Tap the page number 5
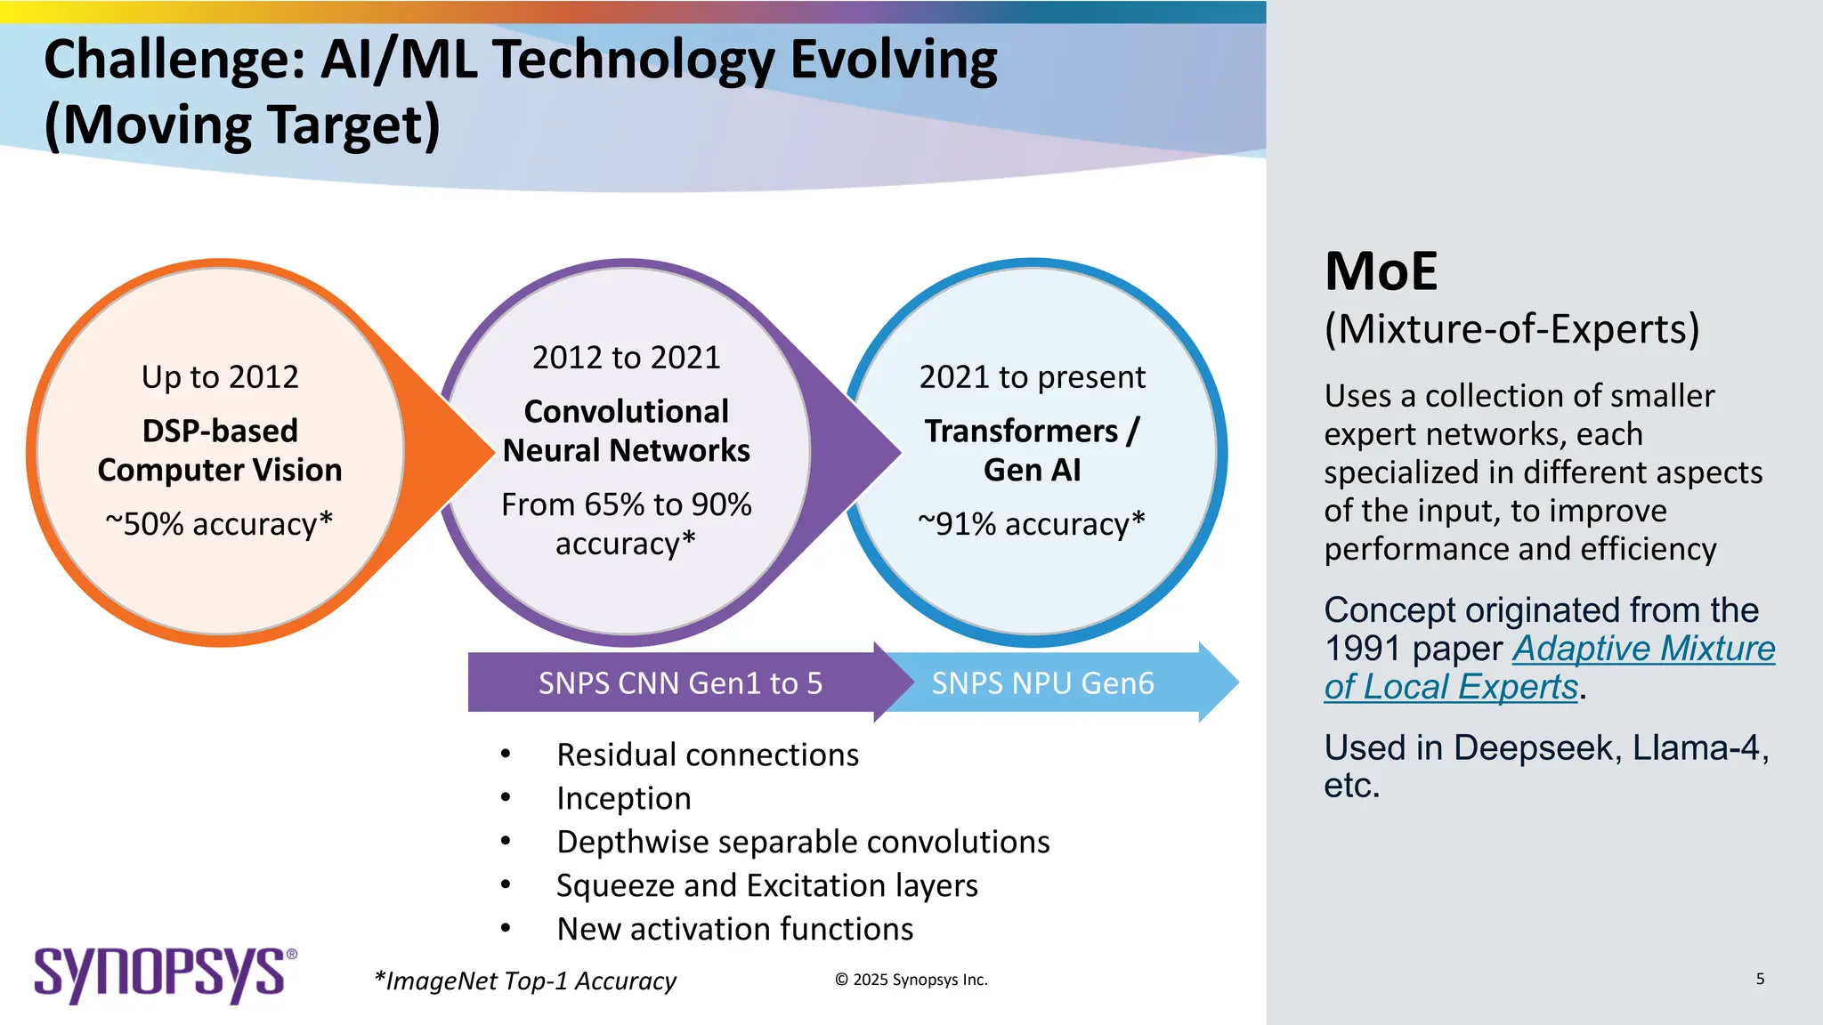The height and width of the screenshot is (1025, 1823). (1760, 979)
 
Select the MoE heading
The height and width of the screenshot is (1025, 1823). (1381, 271)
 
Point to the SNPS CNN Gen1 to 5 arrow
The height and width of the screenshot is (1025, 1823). (680, 683)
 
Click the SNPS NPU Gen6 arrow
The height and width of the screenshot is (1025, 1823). (1042, 683)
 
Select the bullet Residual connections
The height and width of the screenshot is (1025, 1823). (707, 755)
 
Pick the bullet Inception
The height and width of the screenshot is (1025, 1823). (623, 798)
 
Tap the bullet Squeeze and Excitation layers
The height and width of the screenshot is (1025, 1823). (766, 885)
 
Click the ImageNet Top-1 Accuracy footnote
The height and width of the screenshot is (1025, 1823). (525, 981)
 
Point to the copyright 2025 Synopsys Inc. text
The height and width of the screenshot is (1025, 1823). (911, 980)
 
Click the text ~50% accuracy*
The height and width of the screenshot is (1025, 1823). (219, 523)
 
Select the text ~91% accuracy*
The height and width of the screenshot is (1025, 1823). (1032, 523)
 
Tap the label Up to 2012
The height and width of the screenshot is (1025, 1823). (220, 376)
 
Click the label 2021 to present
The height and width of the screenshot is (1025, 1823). (1032, 376)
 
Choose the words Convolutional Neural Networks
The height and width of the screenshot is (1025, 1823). (626, 431)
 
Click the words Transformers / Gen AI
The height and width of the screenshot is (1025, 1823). (1032, 449)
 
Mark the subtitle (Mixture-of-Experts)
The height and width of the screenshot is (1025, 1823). (1511, 328)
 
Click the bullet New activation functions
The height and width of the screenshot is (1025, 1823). (734, 929)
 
